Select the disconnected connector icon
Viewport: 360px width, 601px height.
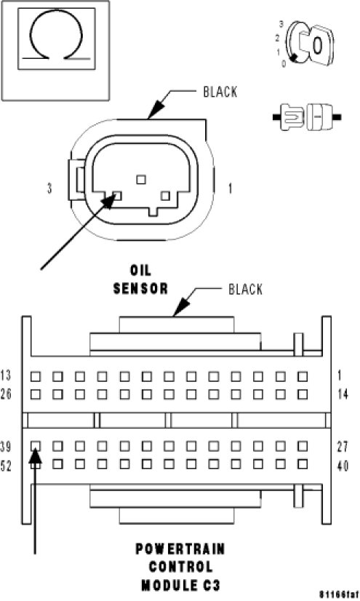(x=307, y=116)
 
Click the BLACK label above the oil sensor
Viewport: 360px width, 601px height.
(x=220, y=92)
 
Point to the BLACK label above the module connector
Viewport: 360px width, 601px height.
(x=246, y=290)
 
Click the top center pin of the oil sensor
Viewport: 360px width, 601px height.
(x=141, y=179)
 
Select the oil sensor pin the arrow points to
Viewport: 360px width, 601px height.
(x=118, y=196)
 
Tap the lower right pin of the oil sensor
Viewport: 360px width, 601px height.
(x=165, y=196)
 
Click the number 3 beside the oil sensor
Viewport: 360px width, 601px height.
(x=49, y=188)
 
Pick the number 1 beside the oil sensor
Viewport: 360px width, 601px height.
(x=230, y=188)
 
